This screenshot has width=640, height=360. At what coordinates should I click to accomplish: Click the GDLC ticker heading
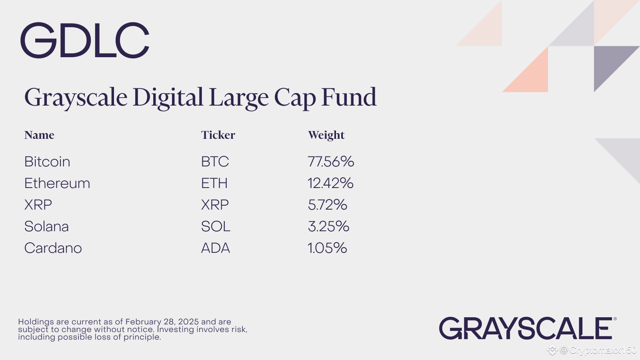coord(85,40)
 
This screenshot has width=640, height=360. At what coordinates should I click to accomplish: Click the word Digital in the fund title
coord(168,98)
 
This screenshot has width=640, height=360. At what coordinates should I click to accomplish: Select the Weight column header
coord(326,135)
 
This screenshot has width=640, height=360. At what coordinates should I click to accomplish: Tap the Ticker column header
coord(218,135)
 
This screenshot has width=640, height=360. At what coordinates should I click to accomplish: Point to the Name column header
coord(39,135)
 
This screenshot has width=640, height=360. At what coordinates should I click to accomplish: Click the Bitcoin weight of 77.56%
coord(331,162)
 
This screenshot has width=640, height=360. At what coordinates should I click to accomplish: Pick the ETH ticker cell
coord(214,183)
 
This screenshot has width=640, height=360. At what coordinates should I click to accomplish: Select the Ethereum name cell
coord(57,183)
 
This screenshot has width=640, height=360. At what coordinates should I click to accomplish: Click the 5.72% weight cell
coord(328,204)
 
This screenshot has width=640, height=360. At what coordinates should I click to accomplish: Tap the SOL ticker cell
coord(216,226)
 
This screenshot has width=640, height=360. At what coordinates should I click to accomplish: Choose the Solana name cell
coord(46,226)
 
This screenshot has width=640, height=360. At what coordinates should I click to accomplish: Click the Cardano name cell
coord(53,248)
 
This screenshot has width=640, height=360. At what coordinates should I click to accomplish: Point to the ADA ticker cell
coord(216,248)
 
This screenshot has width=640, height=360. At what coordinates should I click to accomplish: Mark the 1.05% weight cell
coord(328,248)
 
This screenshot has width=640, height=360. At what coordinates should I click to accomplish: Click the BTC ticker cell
coord(215,162)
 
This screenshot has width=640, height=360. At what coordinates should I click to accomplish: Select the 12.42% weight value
coord(330,183)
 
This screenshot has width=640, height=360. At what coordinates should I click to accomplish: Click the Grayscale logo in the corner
coord(528,328)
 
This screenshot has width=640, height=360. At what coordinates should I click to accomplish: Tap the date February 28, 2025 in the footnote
coord(162,322)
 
